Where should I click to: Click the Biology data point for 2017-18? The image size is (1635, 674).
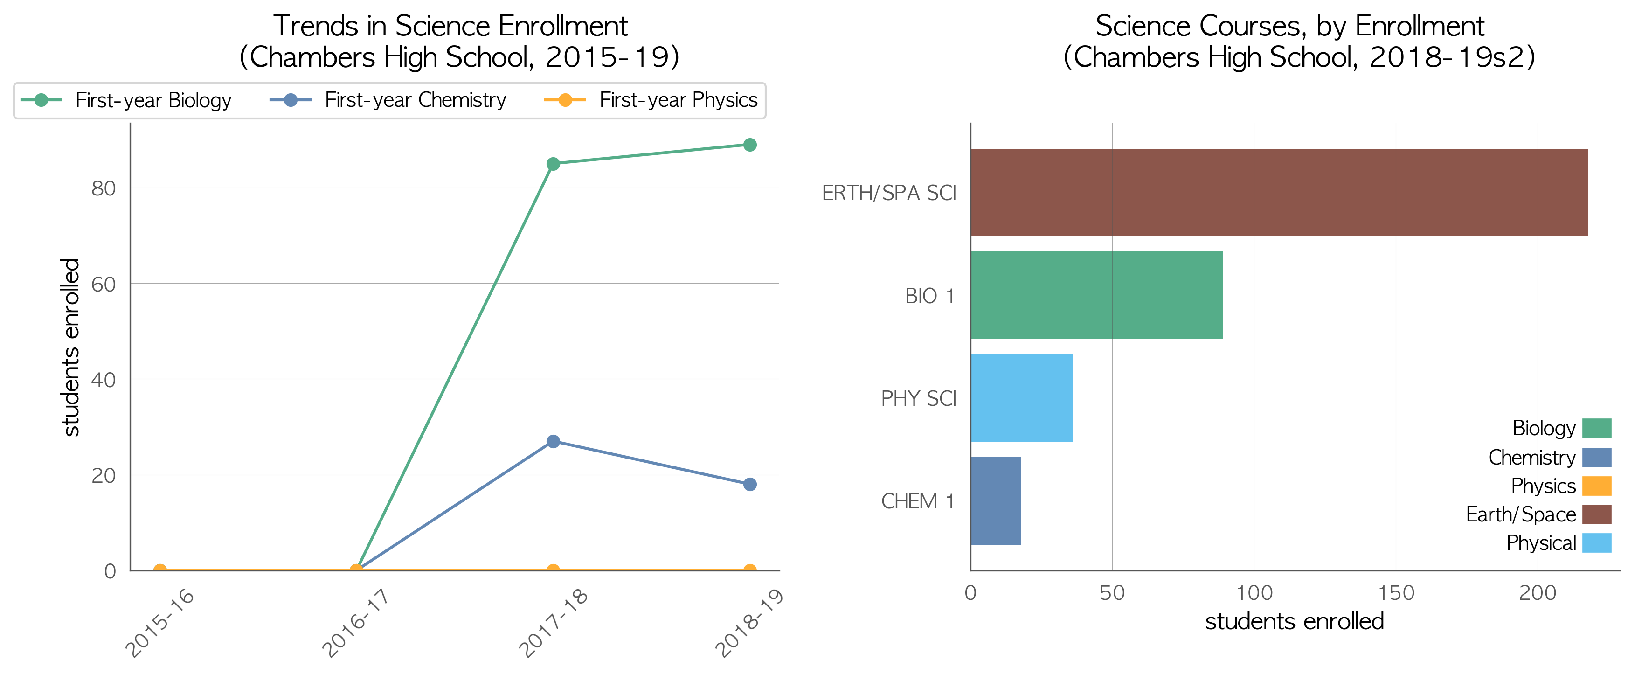point(553,164)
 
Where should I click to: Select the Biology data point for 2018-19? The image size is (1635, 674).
point(749,145)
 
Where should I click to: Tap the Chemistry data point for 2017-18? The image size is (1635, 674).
point(553,441)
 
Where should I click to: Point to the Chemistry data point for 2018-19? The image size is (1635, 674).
point(749,484)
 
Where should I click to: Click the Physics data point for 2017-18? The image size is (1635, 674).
point(553,570)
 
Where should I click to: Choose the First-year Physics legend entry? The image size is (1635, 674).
point(651,100)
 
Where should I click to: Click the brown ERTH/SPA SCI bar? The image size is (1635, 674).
point(1279,192)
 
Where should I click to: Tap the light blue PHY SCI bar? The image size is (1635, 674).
point(1022,398)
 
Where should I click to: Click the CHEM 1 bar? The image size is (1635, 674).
point(996,501)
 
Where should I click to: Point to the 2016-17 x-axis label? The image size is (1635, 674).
point(355,622)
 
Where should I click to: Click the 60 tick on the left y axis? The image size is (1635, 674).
point(104,285)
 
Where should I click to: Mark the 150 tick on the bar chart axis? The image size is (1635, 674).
point(1396,593)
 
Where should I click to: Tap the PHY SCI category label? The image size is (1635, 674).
point(918,398)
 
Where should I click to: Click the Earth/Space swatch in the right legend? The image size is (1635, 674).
point(1597,514)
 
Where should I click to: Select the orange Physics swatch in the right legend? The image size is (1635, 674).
point(1597,486)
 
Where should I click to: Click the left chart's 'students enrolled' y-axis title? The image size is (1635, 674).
point(71,347)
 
